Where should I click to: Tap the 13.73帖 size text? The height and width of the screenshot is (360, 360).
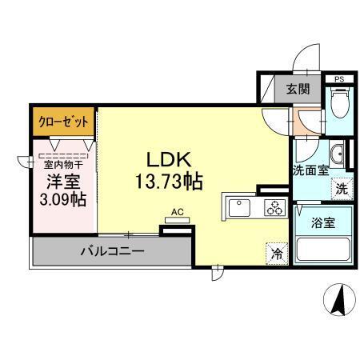tap(167, 181)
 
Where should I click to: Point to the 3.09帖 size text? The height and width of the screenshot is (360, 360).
tap(63, 198)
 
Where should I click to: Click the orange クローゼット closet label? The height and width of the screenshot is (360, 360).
tap(63, 122)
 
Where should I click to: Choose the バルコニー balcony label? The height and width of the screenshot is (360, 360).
tap(112, 251)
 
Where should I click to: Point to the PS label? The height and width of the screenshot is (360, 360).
tap(339, 78)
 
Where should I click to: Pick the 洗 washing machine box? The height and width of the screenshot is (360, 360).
tap(340, 190)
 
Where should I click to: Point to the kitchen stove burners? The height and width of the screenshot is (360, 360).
tap(273, 208)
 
